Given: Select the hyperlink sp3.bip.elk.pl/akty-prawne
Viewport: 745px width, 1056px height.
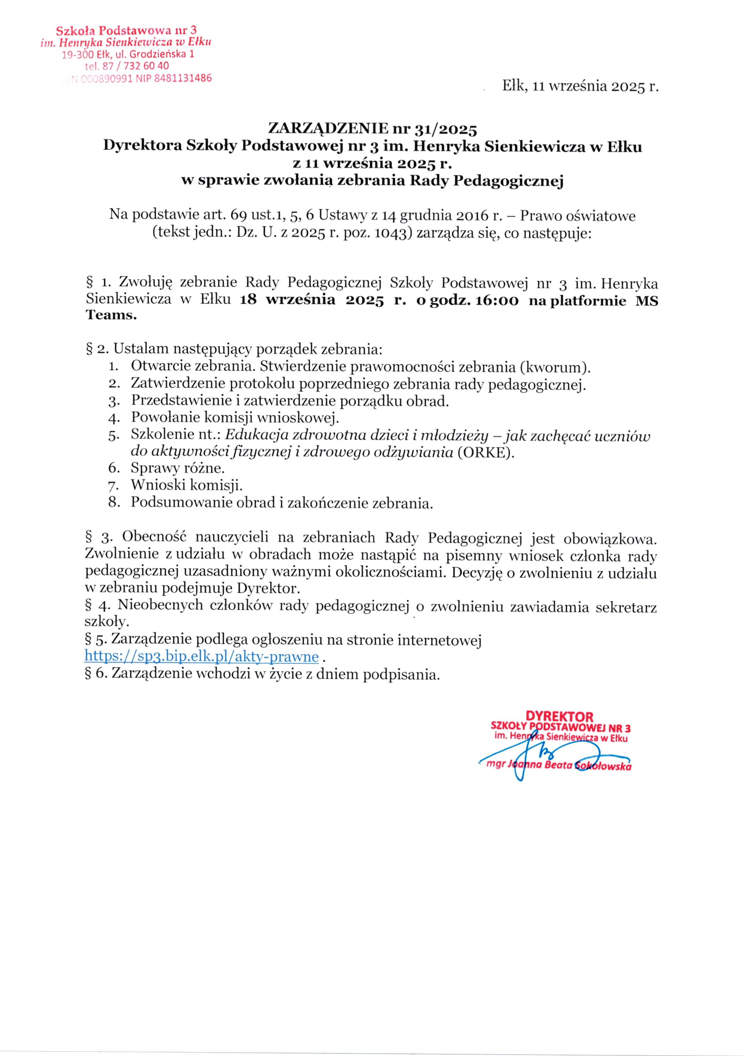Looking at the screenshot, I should coord(201,656).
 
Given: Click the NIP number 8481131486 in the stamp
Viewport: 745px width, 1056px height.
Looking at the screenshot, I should coord(183,78).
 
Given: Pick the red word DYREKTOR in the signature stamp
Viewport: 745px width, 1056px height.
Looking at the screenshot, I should coord(559,717).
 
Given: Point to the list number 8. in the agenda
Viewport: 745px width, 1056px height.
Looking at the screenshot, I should coord(114,503).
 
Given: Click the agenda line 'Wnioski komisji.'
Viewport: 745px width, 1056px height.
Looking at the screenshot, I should coord(186,486).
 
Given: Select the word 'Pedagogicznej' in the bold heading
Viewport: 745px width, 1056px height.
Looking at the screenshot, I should coord(509,181).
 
